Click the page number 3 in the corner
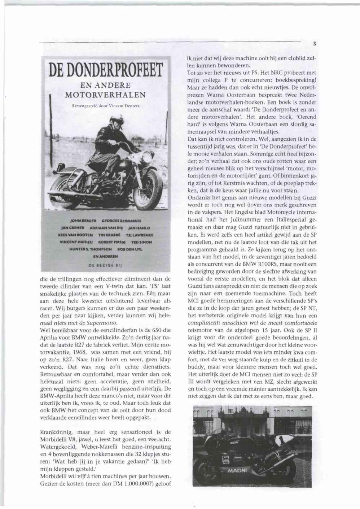pos(314,44)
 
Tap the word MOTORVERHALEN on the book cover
pos(105,95)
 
